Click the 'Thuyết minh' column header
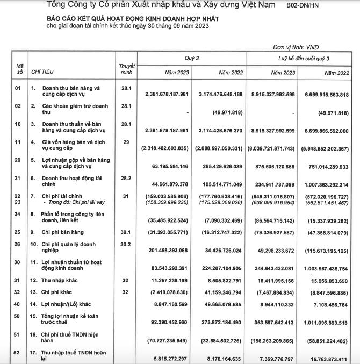[x=126, y=69]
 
